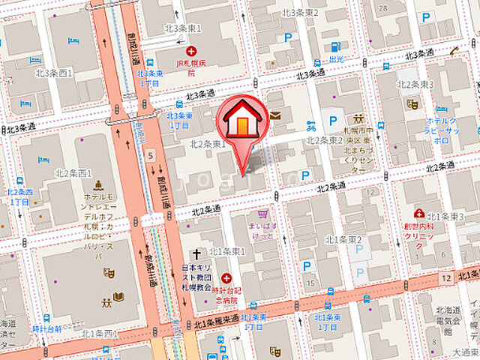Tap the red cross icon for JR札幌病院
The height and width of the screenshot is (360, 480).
tap(192, 51)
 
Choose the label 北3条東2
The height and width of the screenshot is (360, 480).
tap(300, 12)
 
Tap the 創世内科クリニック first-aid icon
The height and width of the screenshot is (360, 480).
tap(419, 214)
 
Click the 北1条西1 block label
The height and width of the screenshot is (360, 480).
tap(100, 332)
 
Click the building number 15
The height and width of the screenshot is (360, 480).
tap(309, 283)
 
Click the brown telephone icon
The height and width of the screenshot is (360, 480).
tap(454, 52)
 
